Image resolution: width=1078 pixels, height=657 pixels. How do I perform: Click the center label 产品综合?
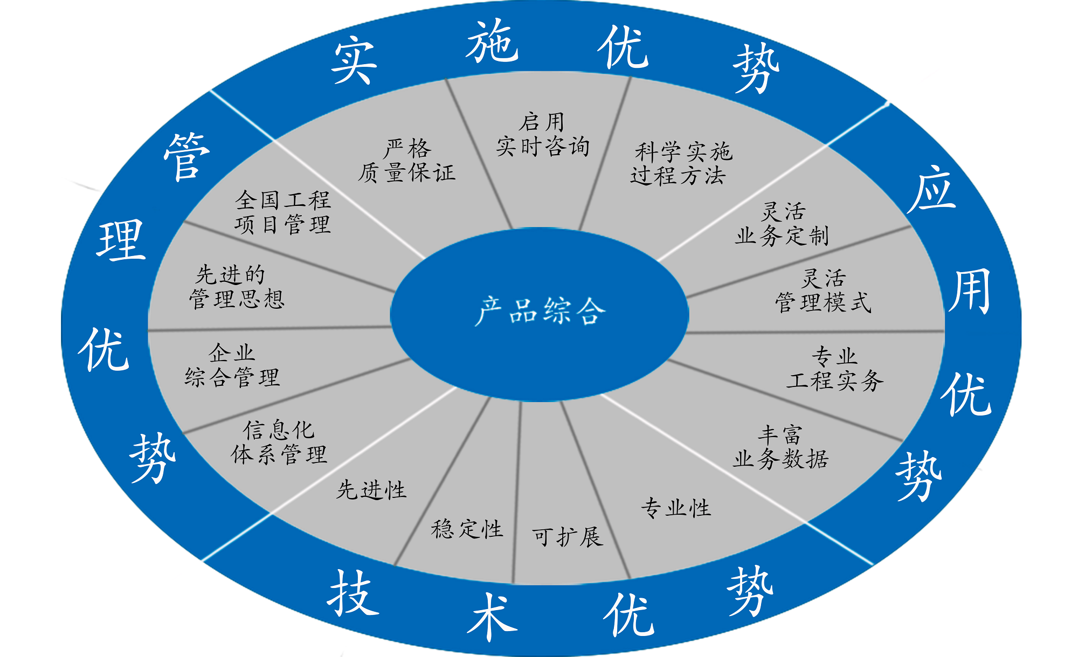point(540,311)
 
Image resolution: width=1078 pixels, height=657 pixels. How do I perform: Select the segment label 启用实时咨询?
point(543,135)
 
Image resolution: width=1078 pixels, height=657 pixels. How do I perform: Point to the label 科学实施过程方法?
point(681,163)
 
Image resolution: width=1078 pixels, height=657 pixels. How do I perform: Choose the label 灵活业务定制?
point(782,224)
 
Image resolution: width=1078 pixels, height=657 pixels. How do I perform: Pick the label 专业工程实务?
point(835,369)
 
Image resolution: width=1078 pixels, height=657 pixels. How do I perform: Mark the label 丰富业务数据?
point(780,447)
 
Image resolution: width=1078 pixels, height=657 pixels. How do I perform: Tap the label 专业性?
point(676,508)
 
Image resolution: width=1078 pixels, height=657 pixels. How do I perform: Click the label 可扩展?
point(567,537)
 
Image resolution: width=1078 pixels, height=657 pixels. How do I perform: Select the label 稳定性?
point(467,529)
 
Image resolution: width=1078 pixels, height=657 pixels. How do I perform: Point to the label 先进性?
point(371,490)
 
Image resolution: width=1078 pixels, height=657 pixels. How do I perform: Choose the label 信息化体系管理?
point(279,442)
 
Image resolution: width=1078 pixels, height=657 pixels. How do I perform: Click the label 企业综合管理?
point(232,365)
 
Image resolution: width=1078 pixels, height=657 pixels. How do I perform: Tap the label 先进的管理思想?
point(237,287)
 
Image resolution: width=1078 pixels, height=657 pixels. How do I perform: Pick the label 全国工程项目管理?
point(282,212)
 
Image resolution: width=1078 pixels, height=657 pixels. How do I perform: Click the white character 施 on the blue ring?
point(492,41)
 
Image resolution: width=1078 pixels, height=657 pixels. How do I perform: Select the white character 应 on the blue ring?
point(931,189)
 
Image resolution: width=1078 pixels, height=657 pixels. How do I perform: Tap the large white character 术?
point(492,616)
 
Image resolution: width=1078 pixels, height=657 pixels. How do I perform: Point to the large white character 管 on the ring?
point(186,156)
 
